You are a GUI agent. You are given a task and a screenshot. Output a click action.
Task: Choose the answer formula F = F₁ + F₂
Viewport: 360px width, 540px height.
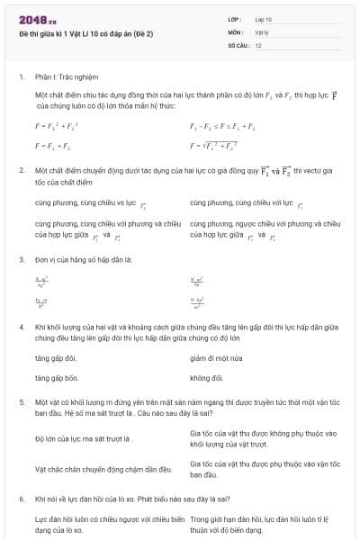point(53,145)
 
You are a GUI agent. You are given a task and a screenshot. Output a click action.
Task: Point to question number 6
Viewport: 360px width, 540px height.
point(21,499)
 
